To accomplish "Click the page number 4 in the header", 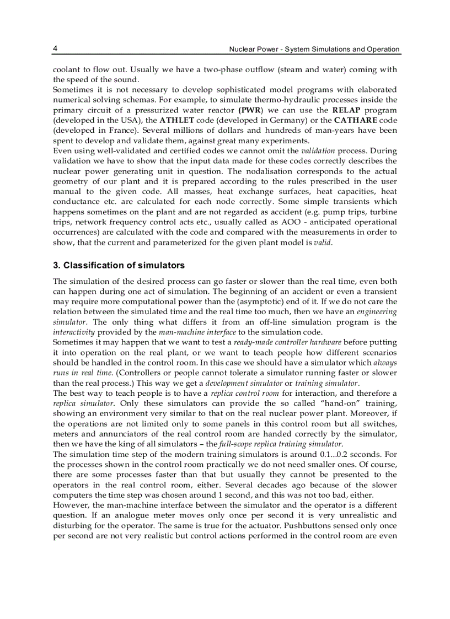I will [x=55, y=49].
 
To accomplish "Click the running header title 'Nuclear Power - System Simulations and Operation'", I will [x=314, y=49].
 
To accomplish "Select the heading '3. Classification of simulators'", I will [x=119, y=265].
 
